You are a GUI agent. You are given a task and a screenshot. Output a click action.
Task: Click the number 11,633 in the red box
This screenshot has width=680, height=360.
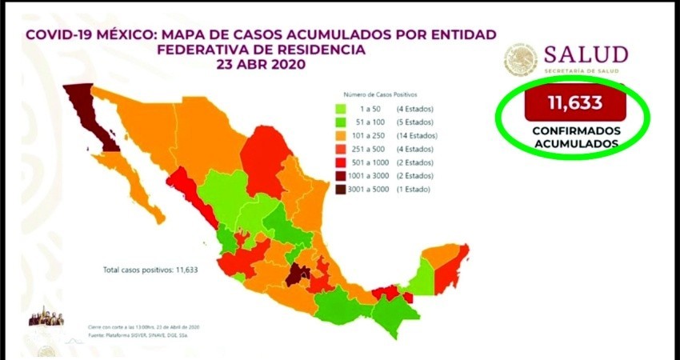coord(574,103)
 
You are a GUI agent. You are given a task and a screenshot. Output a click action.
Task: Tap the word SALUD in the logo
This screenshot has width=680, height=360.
coord(586,54)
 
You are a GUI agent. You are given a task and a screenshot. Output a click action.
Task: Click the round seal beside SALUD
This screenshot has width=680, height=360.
coord(521,61)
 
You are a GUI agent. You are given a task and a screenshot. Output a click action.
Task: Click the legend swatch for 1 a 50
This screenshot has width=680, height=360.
coord(341,108)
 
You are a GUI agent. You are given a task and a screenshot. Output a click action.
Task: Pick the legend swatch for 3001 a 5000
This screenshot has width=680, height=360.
coord(341,190)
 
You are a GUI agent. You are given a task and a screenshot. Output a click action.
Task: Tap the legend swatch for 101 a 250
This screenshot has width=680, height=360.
coord(341,135)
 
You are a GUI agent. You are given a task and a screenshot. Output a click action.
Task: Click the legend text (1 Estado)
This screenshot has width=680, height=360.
coord(411,190)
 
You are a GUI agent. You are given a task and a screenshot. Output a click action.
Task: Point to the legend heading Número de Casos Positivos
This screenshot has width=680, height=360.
coord(380,94)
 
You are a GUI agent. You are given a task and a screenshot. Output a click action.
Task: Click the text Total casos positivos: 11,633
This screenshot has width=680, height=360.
coord(150,270)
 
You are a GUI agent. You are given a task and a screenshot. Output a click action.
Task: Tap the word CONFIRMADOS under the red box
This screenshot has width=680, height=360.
coord(574,130)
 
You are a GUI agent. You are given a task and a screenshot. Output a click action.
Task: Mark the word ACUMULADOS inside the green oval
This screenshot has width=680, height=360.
coord(574,143)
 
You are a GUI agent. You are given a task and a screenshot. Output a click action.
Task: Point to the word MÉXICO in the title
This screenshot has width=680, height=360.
coord(131,34)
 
